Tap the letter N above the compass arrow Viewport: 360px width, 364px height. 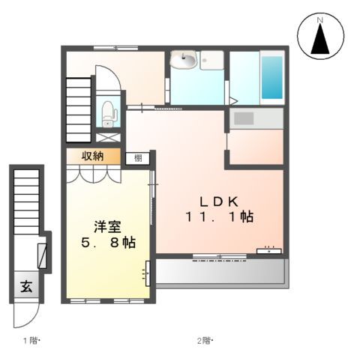(x=319, y=19)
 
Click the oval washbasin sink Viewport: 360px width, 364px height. (x=184, y=61)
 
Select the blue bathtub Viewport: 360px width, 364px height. (x=271, y=77)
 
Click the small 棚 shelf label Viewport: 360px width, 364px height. (x=138, y=157)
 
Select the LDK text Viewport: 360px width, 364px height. (x=218, y=201)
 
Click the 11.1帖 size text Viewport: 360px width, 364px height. (x=218, y=218)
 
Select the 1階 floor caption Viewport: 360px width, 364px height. (x=30, y=342)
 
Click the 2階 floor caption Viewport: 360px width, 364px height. (x=205, y=342)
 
